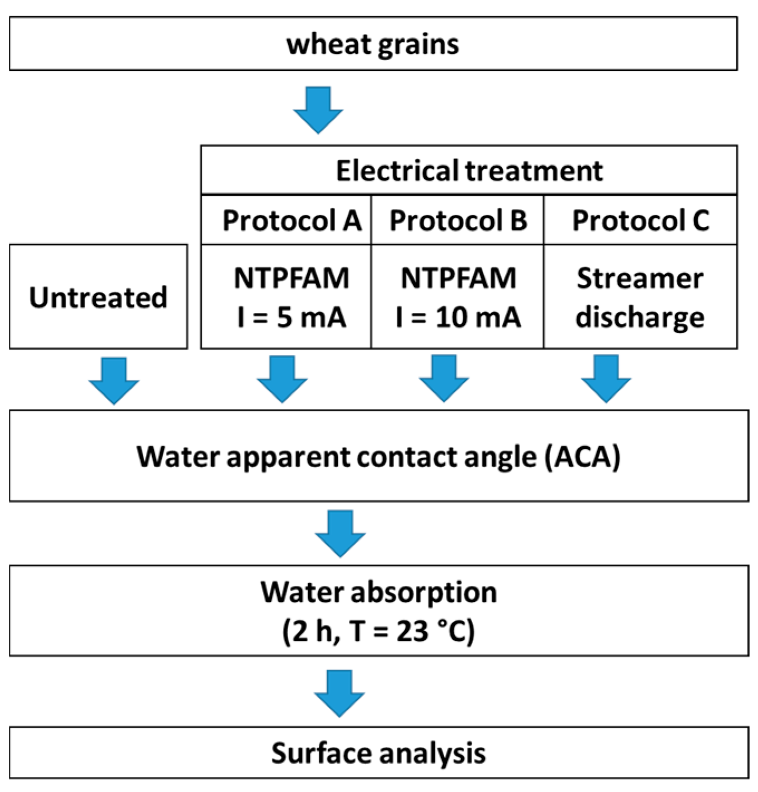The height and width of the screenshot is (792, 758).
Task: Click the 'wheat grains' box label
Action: coord(372,44)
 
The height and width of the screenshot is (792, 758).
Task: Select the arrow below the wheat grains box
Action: coord(318,109)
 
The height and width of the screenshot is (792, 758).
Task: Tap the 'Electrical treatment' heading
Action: coord(469,171)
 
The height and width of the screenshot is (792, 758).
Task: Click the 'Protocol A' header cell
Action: coord(291,220)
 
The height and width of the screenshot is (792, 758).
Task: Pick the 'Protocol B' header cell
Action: coord(458,220)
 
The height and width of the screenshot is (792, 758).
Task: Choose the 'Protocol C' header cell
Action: coord(640,220)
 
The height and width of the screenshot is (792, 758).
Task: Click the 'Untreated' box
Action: coord(98,297)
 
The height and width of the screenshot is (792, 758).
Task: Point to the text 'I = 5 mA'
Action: coord(291,317)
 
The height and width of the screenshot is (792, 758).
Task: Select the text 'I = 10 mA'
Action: coord(458,317)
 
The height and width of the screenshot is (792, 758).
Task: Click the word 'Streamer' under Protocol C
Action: coord(640,278)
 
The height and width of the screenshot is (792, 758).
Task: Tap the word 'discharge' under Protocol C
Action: coord(640,317)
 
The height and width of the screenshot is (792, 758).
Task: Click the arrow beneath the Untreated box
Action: coord(114,380)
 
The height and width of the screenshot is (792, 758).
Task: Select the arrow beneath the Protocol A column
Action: coord(282,379)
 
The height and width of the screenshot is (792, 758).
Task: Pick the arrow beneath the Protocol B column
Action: coord(444,379)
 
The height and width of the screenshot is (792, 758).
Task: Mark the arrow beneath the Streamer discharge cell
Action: coord(606,379)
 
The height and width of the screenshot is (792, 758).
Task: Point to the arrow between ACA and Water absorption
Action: coord(340,533)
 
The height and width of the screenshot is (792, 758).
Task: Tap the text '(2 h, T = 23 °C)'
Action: coord(378,631)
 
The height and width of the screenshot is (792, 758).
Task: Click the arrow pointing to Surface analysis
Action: coord(339,693)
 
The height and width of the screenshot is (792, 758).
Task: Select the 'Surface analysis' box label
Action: coord(378,753)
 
